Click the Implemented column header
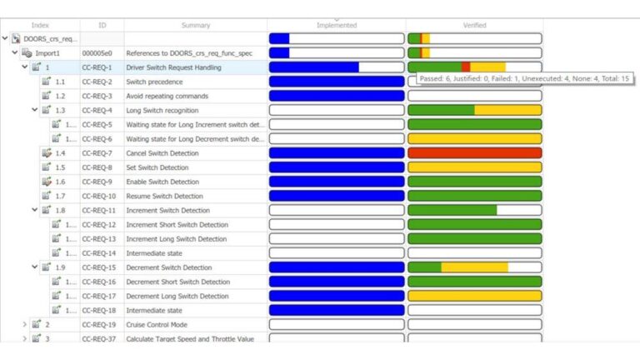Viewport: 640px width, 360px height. point(337,25)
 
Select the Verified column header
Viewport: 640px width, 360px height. point(474,25)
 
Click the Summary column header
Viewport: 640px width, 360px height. point(195,25)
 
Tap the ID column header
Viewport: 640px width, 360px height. point(102,25)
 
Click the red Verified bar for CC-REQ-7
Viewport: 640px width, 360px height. point(474,153)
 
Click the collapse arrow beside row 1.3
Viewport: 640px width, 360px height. point(35,110)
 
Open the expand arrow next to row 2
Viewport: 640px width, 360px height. point(24,324)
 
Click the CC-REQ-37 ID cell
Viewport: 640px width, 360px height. point(98,338)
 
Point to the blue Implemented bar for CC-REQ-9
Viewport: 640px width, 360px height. point(337,182)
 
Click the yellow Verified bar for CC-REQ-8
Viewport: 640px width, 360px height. point(474,167)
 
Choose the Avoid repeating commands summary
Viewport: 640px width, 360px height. point(167,96)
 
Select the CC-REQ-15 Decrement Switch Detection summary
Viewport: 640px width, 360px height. point(168,267)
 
